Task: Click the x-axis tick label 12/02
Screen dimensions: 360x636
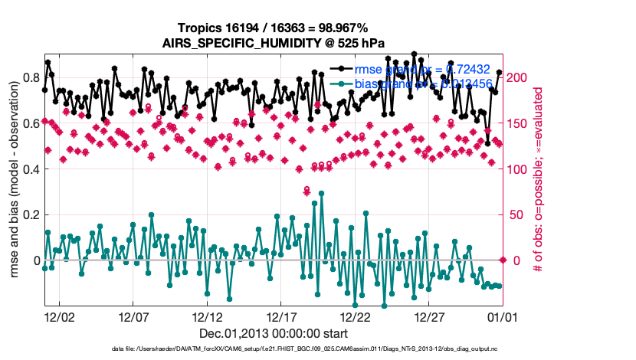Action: [60, 316]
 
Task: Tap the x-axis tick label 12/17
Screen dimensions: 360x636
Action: [281, 316]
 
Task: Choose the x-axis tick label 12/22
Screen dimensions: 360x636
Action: [356, 316]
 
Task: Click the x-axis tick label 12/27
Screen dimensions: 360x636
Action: [429, 316]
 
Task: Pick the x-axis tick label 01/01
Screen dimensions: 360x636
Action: [503, 316]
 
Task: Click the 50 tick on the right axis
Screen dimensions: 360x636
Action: [516, 214]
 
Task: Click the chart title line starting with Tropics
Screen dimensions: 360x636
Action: [273, 28]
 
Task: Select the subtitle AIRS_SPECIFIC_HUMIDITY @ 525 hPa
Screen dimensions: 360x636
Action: [273, 43]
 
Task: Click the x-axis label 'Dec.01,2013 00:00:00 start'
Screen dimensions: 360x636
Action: [273, 333]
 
